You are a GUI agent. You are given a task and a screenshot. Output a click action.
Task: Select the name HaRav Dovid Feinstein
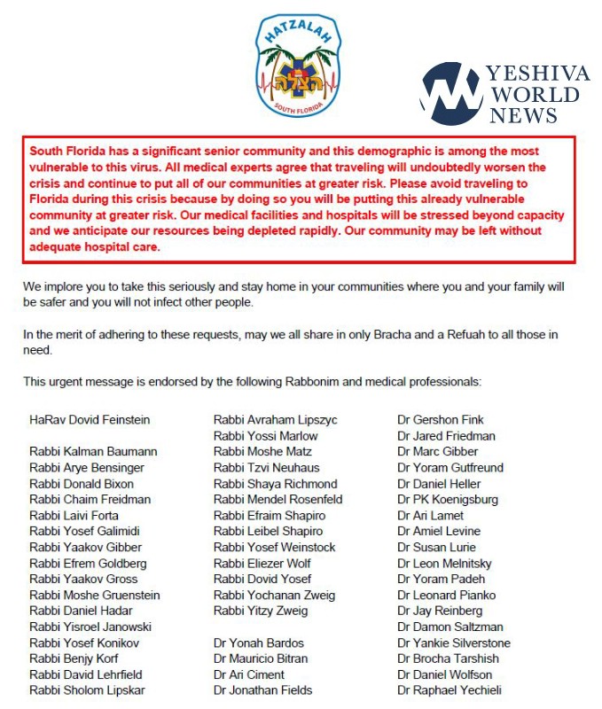coord(90,420)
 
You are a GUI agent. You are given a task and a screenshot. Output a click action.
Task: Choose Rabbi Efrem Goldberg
coord(88,564)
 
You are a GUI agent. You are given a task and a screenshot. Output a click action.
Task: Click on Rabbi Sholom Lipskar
coord(87,690)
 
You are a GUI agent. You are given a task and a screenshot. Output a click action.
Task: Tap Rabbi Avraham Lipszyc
coord(276,420)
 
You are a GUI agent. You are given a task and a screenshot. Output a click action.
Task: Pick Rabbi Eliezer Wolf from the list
coord(265,564)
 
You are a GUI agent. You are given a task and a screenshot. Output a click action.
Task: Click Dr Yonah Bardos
coord(259,643)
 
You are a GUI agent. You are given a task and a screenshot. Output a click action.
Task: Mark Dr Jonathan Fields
coord(262,690)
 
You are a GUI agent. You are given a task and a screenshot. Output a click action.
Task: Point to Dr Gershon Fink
coord(441,420)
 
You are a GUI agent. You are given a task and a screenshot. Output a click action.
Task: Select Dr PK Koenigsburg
coord(448,500)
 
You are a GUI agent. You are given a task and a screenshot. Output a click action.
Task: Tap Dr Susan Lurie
coord(438,548)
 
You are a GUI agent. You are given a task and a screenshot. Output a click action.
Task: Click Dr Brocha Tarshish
coord(448,659)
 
